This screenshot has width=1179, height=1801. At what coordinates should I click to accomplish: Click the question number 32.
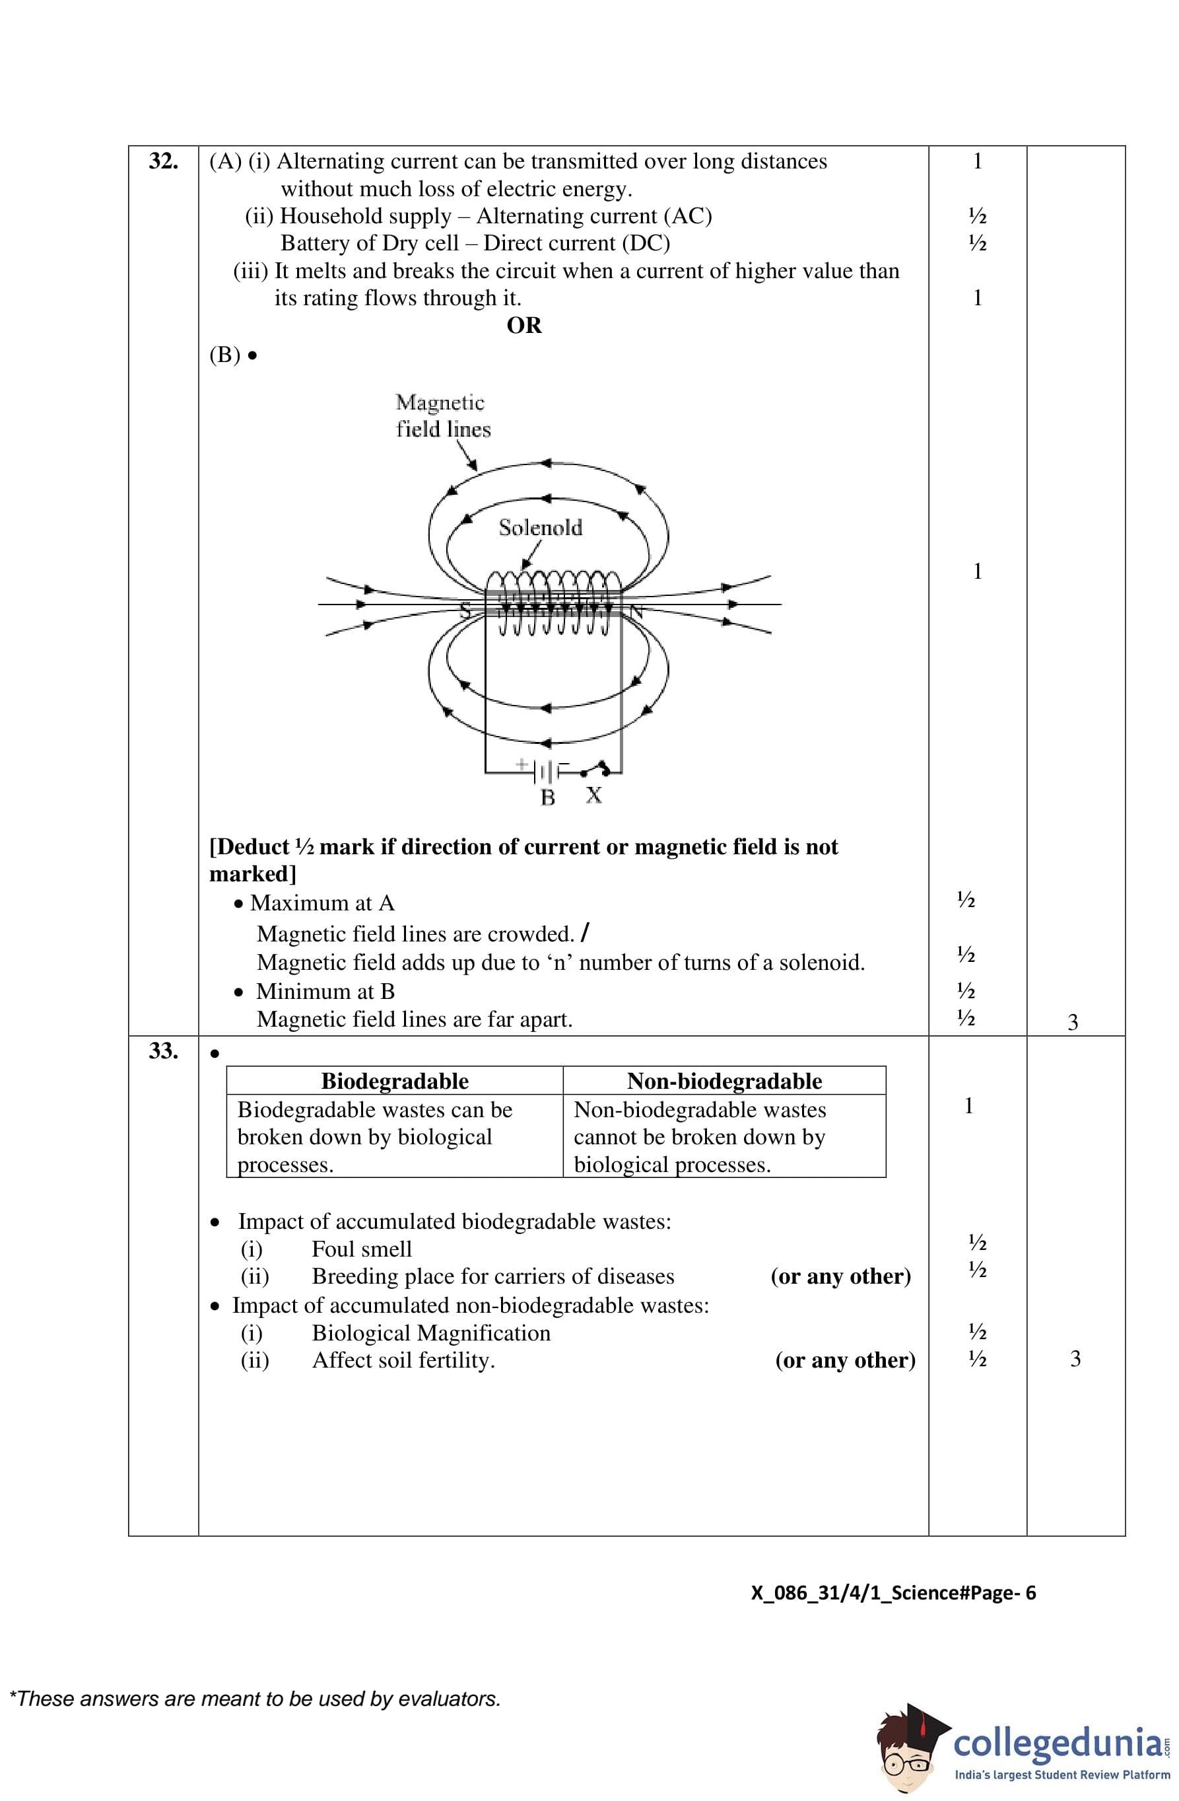click(162, 161)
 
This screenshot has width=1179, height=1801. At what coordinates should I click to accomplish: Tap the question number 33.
click(162, 1050)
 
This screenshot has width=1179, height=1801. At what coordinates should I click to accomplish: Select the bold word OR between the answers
click(524, 326)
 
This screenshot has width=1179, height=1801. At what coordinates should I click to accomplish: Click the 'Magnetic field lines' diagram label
click(442, 416)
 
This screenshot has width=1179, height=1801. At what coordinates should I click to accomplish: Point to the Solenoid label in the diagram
click(540, 527)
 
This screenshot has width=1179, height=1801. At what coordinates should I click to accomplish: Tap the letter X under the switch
click(593, 795)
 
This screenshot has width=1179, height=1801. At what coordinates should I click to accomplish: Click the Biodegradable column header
click(394, 1081)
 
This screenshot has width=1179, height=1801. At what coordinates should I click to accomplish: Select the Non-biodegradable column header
click(724, 1081)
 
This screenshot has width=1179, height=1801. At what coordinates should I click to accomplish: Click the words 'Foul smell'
click(362, 1249)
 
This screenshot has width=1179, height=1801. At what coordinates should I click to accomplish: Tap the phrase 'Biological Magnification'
click(431, 1333)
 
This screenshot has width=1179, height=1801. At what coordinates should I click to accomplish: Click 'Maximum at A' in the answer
click(322, 902)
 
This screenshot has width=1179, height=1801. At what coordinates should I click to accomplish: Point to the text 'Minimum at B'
click(325, 991)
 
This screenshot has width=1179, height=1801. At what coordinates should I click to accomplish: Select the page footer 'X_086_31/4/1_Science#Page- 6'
click(893, 1593)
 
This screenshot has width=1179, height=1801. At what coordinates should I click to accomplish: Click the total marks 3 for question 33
click(1075, 1359)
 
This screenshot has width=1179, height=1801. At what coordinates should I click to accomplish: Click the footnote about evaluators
click(255, 1699)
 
